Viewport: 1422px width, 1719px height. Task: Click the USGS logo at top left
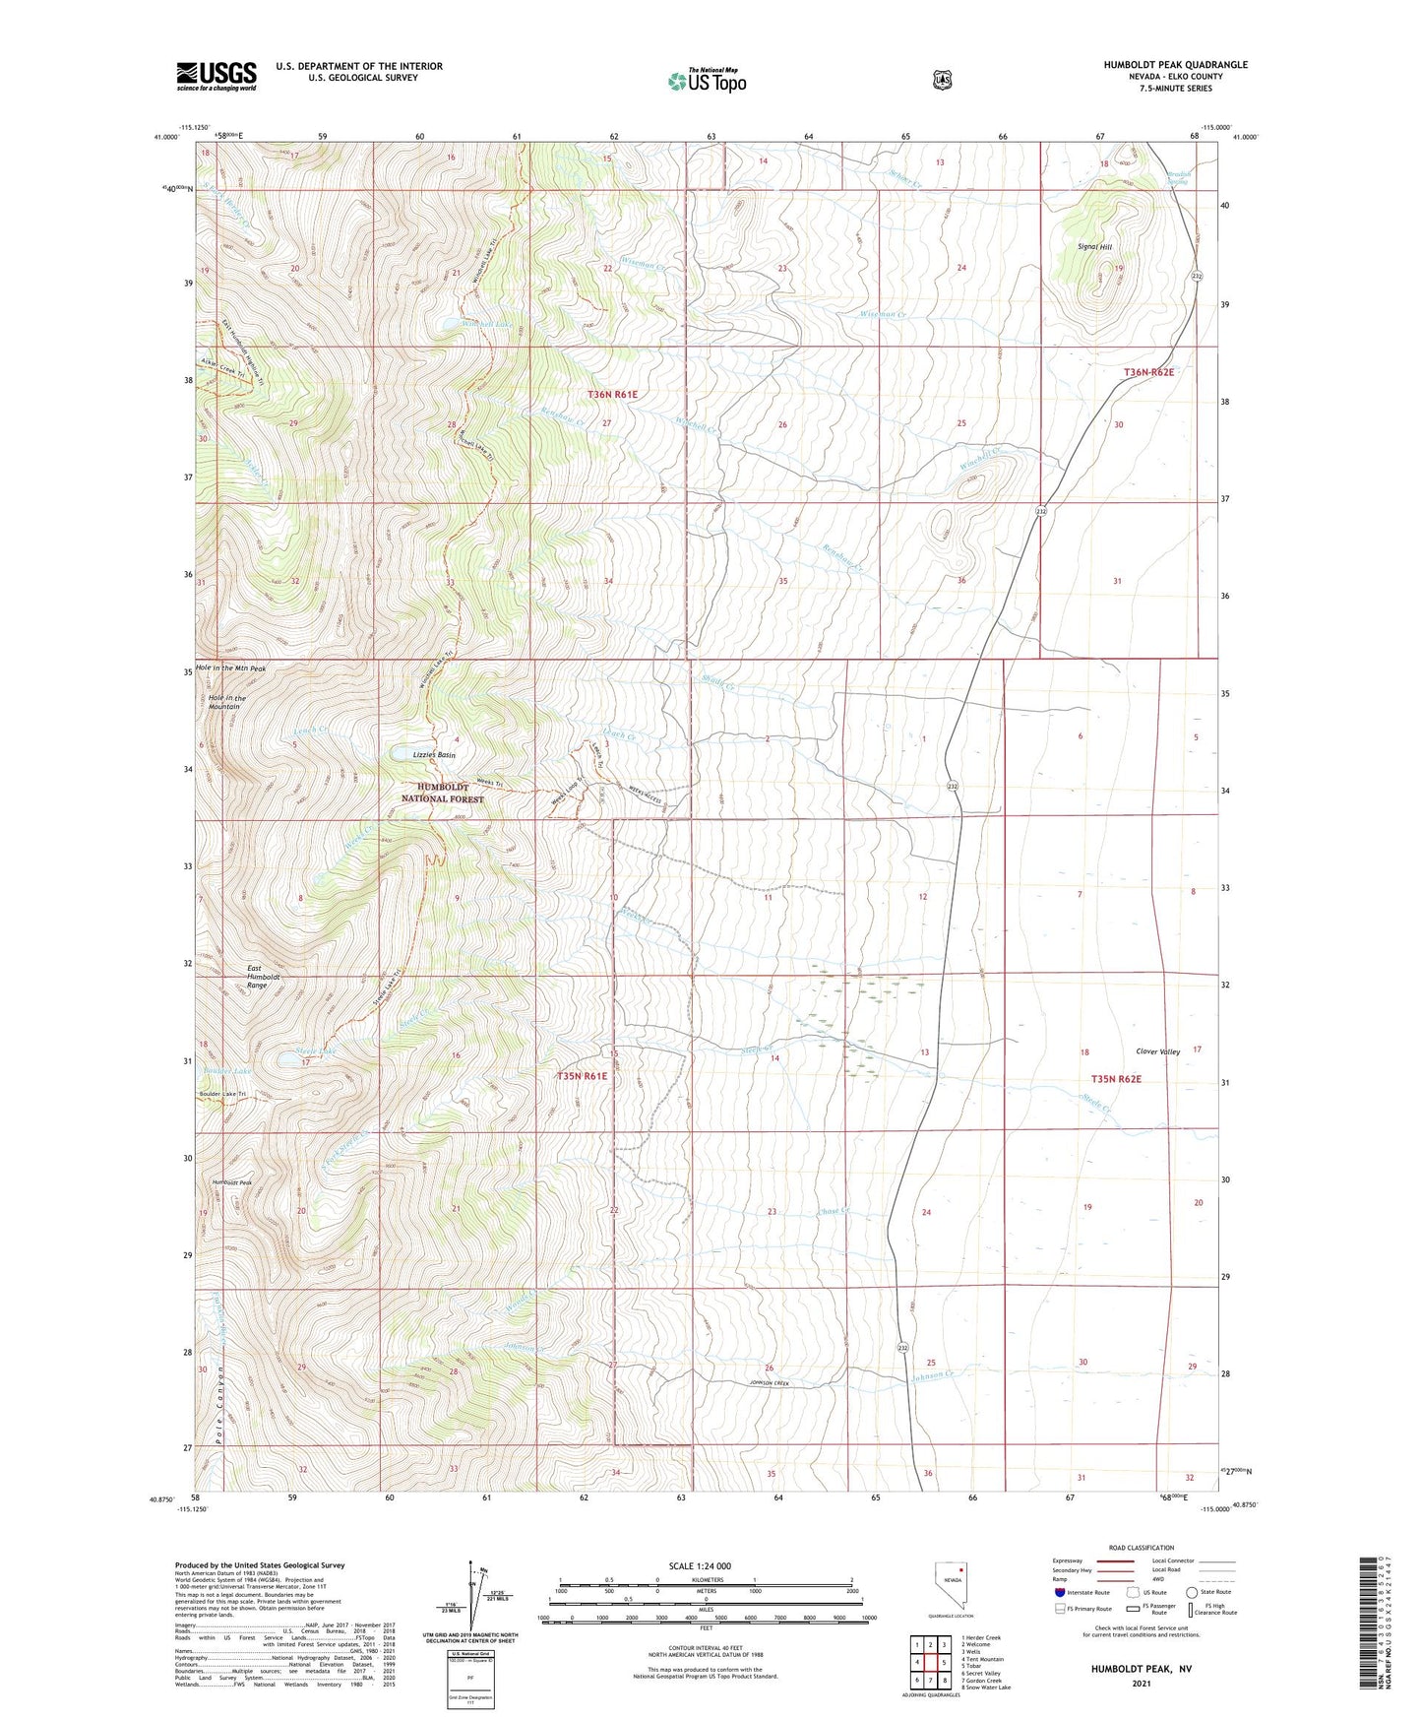click(216, 76)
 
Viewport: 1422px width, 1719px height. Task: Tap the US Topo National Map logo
click(705, 80)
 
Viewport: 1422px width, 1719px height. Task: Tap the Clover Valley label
click(1157, 1051)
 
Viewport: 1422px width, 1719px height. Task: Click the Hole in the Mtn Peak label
click(230, 668)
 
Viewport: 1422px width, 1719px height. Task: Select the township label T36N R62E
click(1149, 372)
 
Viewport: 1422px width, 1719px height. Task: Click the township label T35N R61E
click(582, 1076)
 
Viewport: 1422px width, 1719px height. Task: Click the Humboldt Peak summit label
click(232, 1182)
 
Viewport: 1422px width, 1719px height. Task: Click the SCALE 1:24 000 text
click(700, 1565)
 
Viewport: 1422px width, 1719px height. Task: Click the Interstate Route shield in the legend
click(1059, 1592)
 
